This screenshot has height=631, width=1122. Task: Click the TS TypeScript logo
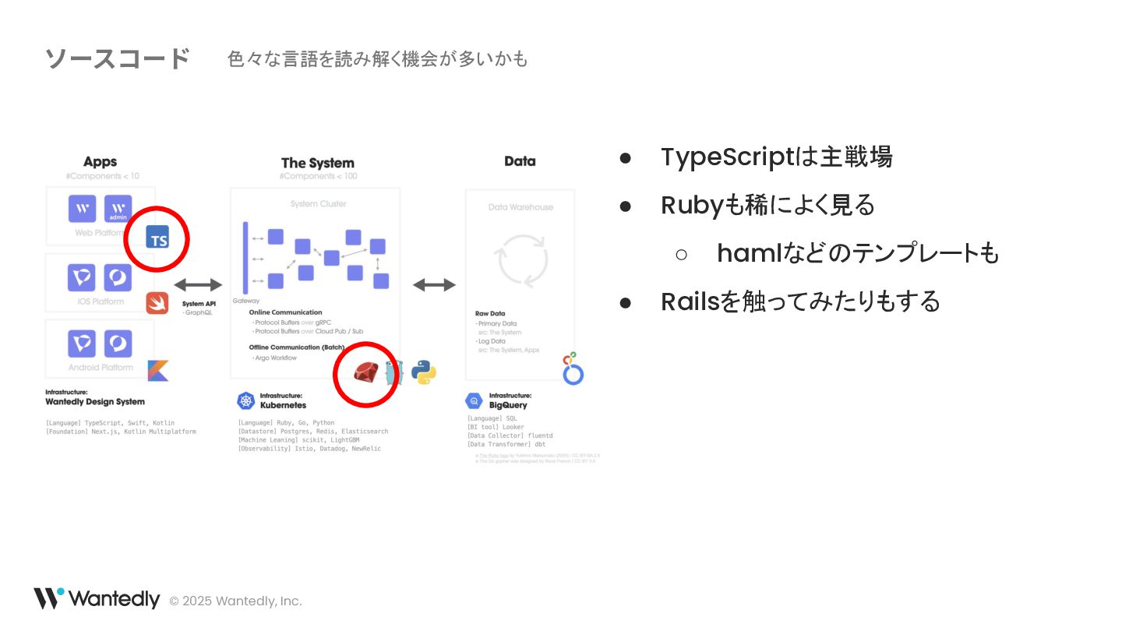coord(157,237)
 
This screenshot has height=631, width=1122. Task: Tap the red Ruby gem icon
coord(365,372)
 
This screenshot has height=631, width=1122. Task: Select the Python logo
coord(424,372)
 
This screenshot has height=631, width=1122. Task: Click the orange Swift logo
coord(157,303)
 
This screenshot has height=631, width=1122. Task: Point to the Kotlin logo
coord(158,371)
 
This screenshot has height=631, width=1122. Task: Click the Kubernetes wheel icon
coord(246,401)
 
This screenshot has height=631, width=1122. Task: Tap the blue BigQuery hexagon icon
coord(474,401)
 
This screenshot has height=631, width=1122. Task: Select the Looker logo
coord(573,368)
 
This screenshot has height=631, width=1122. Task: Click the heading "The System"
coord(317,163)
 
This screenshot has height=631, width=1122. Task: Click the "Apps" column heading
coord(100,162)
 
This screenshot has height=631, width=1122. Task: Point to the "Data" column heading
coord(520,161)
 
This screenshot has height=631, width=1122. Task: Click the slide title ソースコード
coord(117,58)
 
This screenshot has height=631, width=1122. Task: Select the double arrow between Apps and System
coord(198,285)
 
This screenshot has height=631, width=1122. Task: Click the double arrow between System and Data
coord(434,285)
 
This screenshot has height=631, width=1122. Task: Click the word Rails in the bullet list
coord(690,301)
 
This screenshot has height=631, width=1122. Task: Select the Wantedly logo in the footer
coord(97,599)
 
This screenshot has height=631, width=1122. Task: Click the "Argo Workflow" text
coord(276,358)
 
